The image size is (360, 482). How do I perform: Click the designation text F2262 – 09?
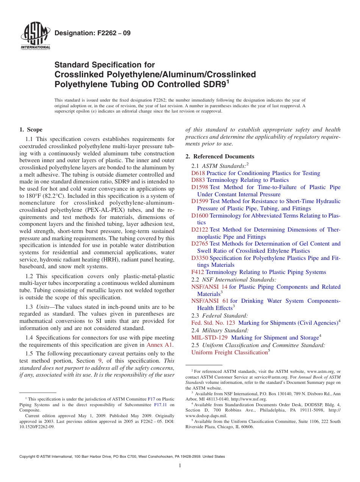tap(92, 33)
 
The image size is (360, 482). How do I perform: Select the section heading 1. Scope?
tap(31, 130)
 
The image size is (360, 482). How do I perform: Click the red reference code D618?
tap(198, 173)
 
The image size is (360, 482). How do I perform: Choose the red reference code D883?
tap(198, 180)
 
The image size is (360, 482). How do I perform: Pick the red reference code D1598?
tap(199, 187)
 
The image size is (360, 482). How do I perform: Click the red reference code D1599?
tap(199, 201)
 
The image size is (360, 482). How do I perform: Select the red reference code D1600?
tap(199, 216)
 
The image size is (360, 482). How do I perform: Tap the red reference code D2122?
tap(199, 230)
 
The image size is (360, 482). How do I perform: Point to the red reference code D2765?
tap(199, 244)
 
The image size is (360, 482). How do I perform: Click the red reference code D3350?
tap(199, 258)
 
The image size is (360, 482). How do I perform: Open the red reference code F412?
tap(197, 272)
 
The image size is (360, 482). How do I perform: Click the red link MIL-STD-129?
tap(210, 338)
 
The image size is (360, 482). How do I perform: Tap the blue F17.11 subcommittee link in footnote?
tap(160, 405)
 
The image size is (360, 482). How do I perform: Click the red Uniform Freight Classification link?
tap(229, 352)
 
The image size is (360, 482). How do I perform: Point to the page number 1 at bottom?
tap(180, 466)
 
